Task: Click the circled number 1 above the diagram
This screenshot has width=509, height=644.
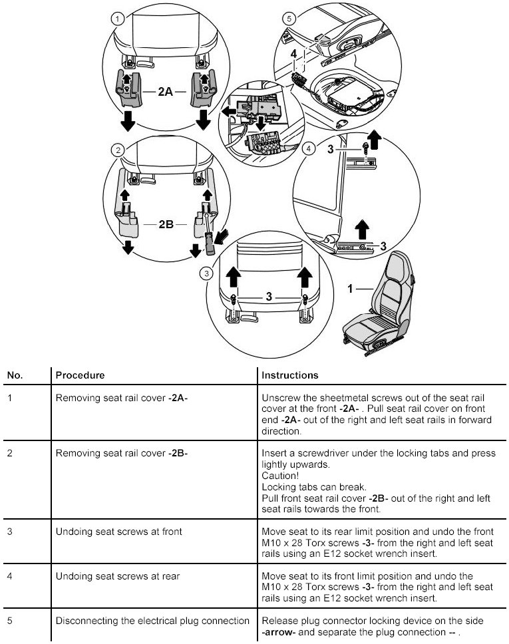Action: (118, 19)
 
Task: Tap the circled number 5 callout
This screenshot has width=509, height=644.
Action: (288, 19)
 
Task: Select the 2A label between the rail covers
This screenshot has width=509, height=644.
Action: (166, 92)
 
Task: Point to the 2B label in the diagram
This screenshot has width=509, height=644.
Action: (166, 225)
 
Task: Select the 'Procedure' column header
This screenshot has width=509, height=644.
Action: (80, 375)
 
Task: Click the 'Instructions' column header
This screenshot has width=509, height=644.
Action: (289, 375)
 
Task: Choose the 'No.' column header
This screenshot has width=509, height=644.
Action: (15, 375)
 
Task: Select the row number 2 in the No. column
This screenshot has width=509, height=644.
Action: (9, 454)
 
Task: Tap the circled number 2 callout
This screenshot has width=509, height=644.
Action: (118, 150)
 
